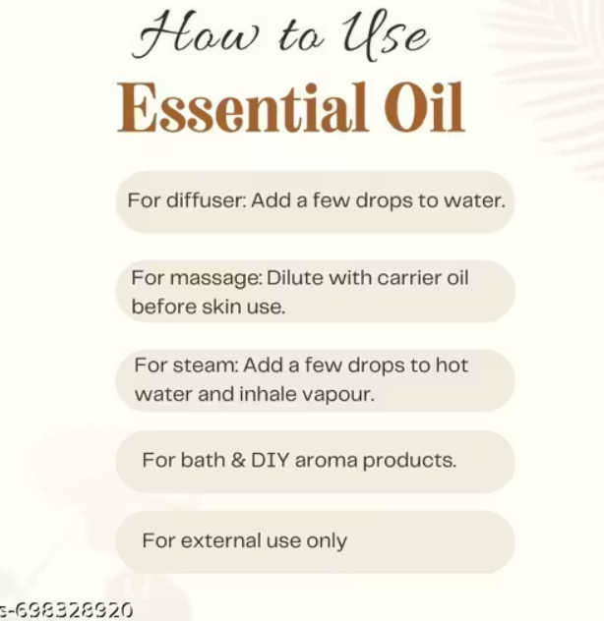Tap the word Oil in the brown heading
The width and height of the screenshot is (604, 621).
point(424,107)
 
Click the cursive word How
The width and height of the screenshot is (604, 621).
point(195,33)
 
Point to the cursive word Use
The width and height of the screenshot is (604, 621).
point(385,34)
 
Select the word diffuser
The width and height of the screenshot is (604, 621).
point(207,200)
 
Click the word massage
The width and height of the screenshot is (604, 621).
point(215,279)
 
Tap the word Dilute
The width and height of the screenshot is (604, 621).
point(295,278)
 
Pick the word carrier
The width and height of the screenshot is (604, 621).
point(409,278)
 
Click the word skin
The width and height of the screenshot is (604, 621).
point(221,307)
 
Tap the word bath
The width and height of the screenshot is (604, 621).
point(203,460)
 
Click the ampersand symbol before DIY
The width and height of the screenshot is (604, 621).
point(237,460)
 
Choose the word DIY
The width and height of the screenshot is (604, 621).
point(271,460)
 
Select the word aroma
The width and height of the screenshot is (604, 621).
point(326,462)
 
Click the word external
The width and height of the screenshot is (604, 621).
point(221,540)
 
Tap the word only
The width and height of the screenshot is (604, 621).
point(327,542)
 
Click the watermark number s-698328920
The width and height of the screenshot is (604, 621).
point(66,610)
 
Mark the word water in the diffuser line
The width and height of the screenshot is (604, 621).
point(474,200)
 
